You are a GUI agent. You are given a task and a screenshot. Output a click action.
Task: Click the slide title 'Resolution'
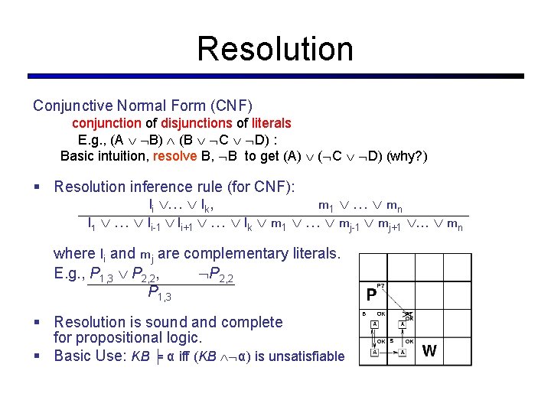[275, 49]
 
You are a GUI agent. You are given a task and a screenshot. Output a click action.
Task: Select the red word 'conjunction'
[106, 123]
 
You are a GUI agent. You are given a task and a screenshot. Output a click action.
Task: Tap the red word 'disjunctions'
[197, 123]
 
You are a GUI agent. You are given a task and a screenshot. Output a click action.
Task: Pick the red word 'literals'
[272, 123]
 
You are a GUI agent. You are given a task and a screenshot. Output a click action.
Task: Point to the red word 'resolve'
[175, 157]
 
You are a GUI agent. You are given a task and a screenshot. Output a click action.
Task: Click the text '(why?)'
[407, 157]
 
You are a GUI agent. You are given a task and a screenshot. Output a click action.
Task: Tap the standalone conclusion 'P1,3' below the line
[159, 294]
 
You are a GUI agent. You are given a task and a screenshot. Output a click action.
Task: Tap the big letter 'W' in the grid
[429, 351]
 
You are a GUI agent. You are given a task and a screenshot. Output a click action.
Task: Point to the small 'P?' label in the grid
[380, 285]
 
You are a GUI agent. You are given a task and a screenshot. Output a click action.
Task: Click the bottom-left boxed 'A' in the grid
[374, 352]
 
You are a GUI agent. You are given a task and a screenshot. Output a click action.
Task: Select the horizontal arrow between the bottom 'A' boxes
[389, 353]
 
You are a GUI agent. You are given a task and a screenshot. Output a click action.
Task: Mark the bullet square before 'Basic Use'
[37, 356]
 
